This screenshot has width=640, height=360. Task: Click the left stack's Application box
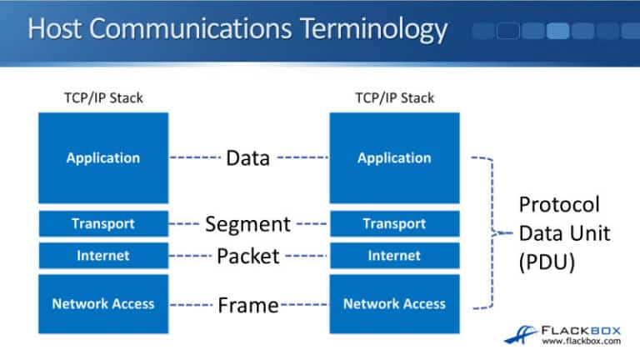click(x=103, y=157)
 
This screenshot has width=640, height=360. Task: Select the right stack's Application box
click(x=394, y=157)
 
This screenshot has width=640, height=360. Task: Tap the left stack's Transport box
click(x=103, y=223)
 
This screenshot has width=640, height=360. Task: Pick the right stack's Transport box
click(x=394, y=223)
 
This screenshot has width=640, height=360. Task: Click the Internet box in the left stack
click(x=103, y=256)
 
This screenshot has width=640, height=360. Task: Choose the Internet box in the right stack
click(x=394, y=256)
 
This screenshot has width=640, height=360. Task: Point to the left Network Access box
click(x=103, y=304)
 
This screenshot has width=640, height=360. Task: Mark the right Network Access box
click(x=394, y=304)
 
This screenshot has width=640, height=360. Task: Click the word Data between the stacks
click(x=247, y=157)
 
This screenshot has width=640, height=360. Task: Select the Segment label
click(x=247, y=224)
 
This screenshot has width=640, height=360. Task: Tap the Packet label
click(x=247, y=256)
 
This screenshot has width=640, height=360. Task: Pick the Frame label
click(x=247, y=305)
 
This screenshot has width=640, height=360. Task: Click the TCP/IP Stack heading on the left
click(x=103, y=98)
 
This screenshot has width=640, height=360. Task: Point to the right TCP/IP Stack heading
click(x=394, y=98)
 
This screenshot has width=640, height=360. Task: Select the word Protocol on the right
click(x=559, y=205)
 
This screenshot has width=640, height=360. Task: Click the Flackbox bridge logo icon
click(x=517, y=333)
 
